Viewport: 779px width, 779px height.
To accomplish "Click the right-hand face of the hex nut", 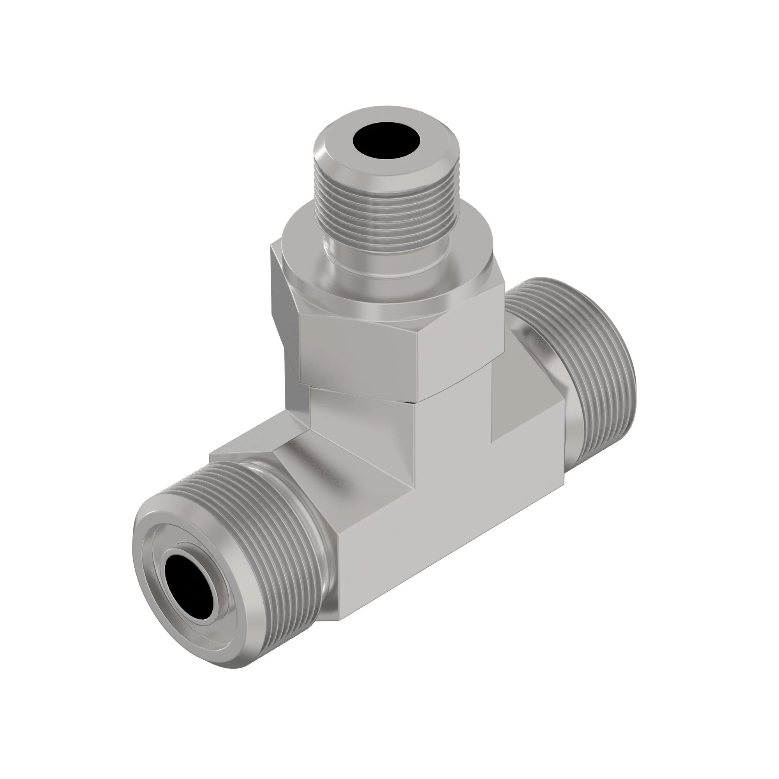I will point(460,347).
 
